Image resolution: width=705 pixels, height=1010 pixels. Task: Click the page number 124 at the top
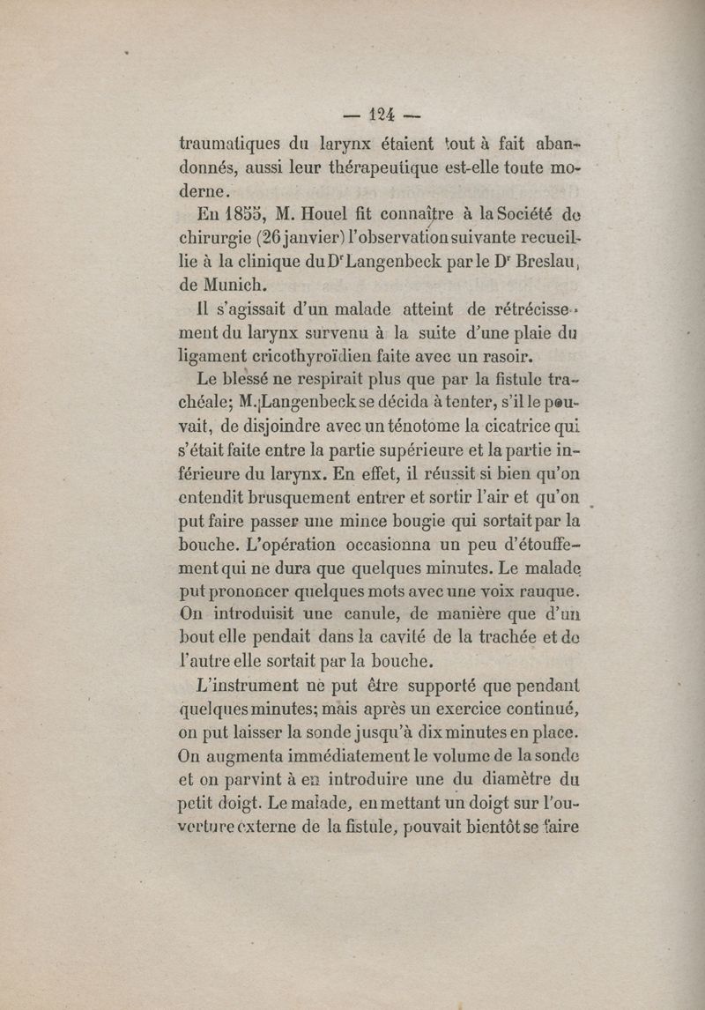tap(381, 114)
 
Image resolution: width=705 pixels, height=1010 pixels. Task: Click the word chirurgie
tap(216, 238)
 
